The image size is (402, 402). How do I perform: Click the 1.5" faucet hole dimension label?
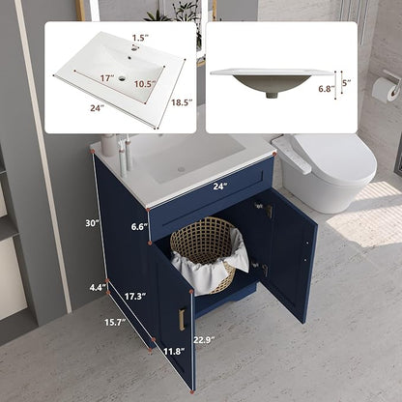tap(140, 38)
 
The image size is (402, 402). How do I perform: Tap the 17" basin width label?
tap(107, 78)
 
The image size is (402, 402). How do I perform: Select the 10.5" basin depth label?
tap(145, 84)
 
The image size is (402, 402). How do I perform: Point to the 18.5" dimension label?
tap(182, 102)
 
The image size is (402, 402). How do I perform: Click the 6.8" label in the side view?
tap(327, 89)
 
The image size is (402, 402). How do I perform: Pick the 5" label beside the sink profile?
tap(346, 83)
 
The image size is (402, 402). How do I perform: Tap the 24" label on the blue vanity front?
tap(220, 187)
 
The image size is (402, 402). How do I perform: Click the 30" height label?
tap(92, 222)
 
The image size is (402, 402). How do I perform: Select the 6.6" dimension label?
tap(139, 227)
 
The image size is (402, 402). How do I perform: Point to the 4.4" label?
tap(98, 287)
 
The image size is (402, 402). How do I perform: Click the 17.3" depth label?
tap(135, 296)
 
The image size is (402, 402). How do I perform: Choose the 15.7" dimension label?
tap(115, 322)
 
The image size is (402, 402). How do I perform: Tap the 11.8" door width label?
tap(174, 351)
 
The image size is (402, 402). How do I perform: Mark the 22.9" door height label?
tap(204, 339)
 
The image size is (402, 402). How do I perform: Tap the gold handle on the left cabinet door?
tap(182, 319)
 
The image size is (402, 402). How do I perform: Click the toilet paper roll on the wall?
tap(386, 90)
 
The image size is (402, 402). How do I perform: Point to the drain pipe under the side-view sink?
tap(273, 95)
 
